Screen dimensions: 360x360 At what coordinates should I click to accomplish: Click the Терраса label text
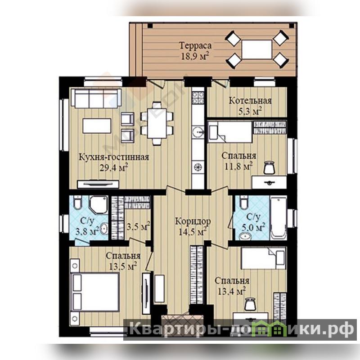(195, 45)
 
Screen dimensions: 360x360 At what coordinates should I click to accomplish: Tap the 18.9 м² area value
(195, 56)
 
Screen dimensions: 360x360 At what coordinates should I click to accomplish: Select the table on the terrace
(256, 49)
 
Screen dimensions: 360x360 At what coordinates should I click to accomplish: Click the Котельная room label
(250, 100)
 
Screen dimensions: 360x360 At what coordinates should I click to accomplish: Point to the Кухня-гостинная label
(114, 157)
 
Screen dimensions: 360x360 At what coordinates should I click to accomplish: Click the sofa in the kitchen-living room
(96, 98)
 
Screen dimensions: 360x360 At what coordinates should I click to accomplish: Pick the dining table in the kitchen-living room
(157, 123)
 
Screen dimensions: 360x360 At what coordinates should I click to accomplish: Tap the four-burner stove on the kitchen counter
(198, 97)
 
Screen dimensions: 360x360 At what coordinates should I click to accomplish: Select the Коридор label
(193, 221)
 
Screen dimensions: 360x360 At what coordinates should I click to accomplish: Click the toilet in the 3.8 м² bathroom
(77, 202)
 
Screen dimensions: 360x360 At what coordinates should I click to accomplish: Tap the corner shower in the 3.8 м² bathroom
(99, 205)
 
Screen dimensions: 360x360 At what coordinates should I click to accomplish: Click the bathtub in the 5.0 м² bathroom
(279, 218)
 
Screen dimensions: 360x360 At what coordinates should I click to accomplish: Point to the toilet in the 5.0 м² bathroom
(243, 202)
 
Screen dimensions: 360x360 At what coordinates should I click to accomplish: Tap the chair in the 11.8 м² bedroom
(269, 167)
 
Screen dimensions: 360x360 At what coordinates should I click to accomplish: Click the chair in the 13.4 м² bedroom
(250, 303)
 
